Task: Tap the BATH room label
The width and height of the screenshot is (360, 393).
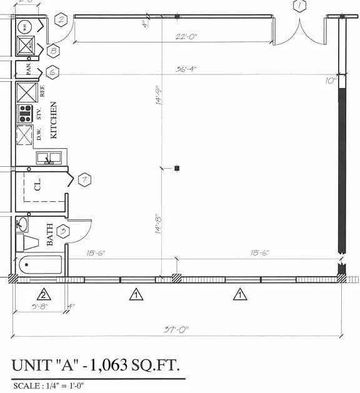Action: pyautogui.click(x=50, y=234)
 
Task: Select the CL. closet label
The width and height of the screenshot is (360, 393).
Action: pyautogui.click(x=38, y=185)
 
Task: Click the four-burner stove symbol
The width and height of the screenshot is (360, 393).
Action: pyautogui.click(x=26, y=114)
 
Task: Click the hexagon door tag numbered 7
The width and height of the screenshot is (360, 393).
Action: pyautogui.click(x=84, y=181)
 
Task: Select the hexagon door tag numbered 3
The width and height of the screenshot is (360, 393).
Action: pyautogui.click(x=62, y=232)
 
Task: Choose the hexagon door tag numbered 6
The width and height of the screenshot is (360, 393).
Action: pyautogui.click(x=52, y=72)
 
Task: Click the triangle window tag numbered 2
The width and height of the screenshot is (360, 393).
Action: pyautogui.click(x=44, y=295)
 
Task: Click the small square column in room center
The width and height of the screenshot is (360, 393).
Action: pyautogui.click(x=177, y=168)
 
